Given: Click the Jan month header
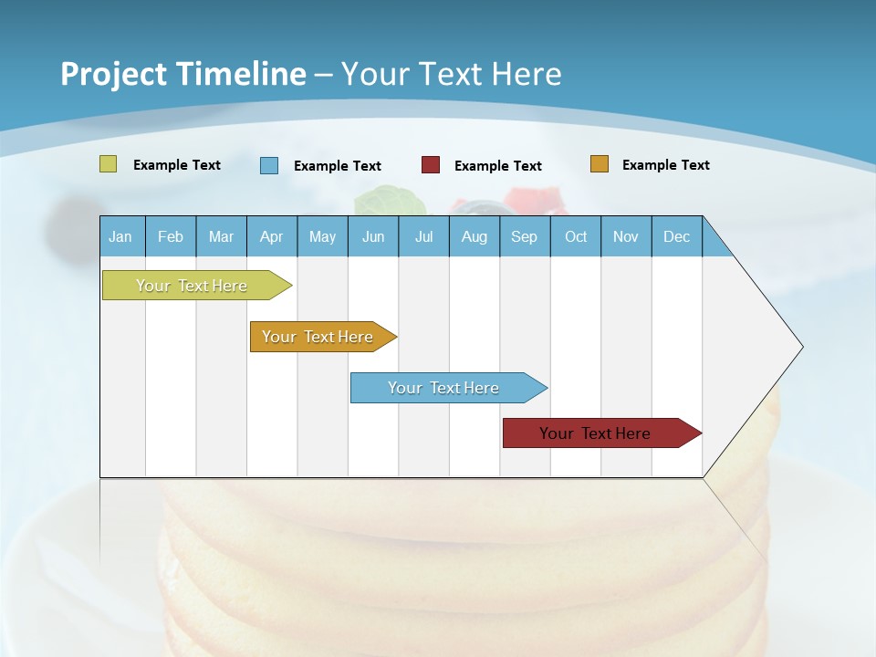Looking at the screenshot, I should [x=121, y=236].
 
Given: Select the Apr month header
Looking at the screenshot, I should [x=271, y=236].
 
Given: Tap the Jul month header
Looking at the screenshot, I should [x=423, y=236].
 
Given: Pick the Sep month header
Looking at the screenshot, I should [x=525, y=236].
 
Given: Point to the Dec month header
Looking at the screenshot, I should [x=676, y=236].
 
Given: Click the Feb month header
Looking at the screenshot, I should [x=171, y=236].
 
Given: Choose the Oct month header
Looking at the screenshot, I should [x=576, y=236].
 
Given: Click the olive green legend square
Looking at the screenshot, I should [x=108, y=164].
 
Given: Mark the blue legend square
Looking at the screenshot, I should [x=268, y=165].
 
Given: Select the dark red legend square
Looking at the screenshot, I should [x=431, y=165].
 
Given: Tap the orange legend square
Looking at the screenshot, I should [x=599, y=164].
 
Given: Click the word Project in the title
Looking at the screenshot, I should [x=112, y=74].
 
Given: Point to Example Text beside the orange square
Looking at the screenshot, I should [x=665, y=165].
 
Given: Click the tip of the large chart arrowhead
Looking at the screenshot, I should [x=801, y=347].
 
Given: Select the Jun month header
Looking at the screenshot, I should [x=373, y=236].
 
